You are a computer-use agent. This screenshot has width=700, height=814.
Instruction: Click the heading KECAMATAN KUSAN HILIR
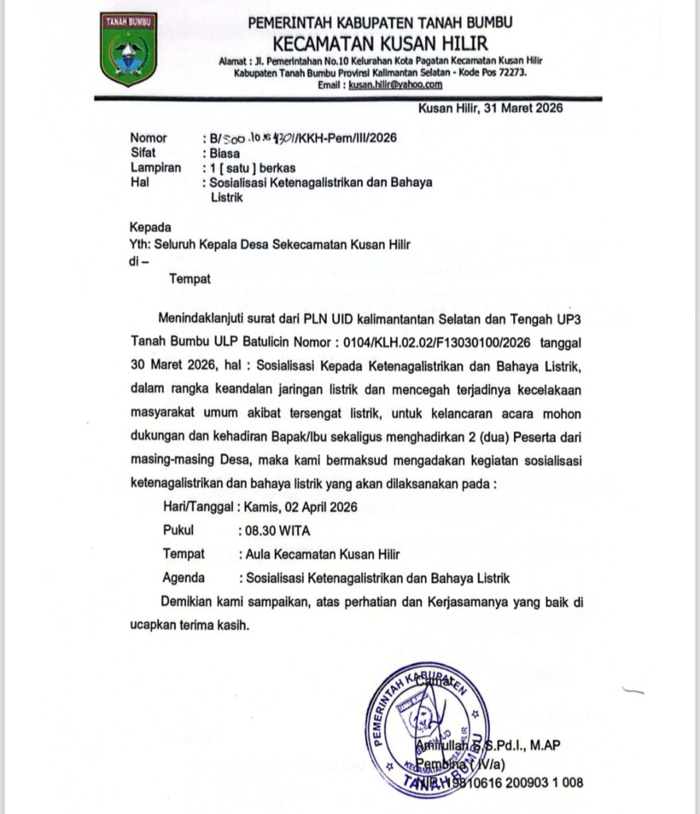point(380,42)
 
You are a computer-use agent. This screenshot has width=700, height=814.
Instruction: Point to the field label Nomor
point(149,138)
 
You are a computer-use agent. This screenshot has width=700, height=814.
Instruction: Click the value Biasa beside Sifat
point(225,153)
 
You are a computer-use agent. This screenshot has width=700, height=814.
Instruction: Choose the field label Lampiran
point(156,168)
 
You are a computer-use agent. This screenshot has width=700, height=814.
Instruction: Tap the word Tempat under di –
point(190,278)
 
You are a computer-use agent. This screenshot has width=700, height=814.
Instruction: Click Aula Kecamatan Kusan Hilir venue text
point(323,554)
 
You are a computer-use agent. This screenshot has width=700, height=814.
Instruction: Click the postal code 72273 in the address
point(509,72)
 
